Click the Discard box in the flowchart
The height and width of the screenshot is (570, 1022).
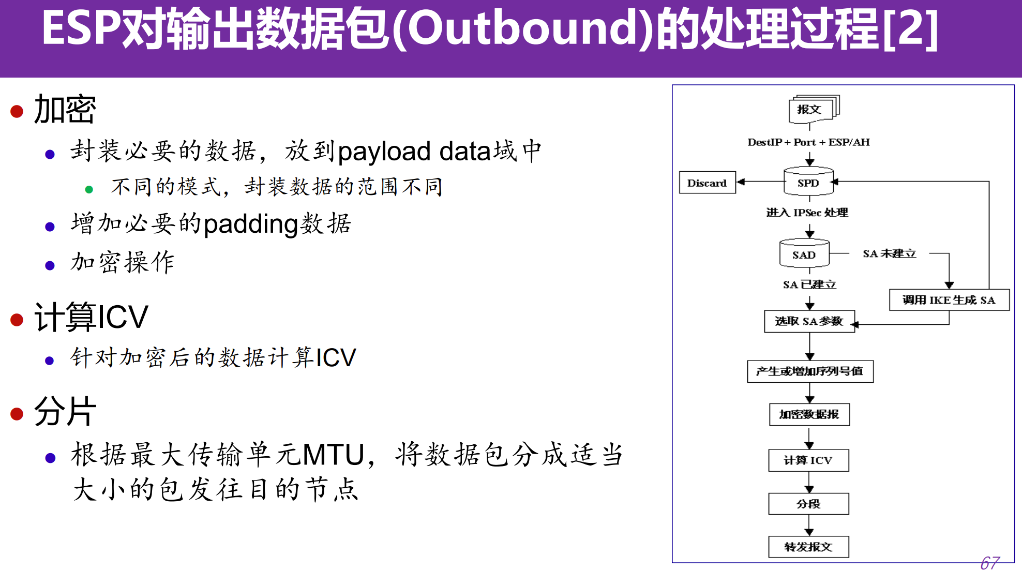[x=707, y=183]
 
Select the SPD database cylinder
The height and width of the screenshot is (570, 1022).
[x=808, y=182]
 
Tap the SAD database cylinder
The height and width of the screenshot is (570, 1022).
[x=804, y=254]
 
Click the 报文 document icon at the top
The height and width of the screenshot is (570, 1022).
[x=810, y=109]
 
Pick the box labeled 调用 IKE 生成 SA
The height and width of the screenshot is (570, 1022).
[x=949, y=300]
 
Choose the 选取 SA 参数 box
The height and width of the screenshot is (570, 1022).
[x=809, y=321]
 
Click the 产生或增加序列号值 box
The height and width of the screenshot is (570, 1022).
[x=810, y=371]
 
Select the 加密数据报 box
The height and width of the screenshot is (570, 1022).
[x=809, y=414]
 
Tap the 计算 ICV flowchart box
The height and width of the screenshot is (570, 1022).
[x=808, y=460]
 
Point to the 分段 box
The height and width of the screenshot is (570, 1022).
[x=808, y=504]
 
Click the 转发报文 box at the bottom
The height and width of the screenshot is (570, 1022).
[x=808, y=547]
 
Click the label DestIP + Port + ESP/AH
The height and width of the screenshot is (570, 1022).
[x=808, y=142]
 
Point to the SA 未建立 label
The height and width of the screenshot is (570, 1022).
[x=889, y=253]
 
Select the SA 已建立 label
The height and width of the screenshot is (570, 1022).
[x=809, y=284]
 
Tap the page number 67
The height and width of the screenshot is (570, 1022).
[x=989, y=562]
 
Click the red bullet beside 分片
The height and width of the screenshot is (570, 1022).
[x=17, y=414]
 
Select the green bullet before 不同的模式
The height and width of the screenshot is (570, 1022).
[x=89, y=189]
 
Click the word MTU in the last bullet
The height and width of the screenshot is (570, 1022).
[x=334, y=455]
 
